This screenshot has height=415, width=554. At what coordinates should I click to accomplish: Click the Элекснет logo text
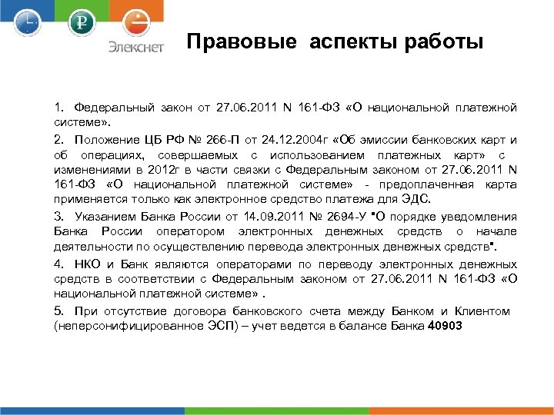point(135,47)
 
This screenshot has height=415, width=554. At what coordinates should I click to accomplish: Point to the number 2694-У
point(343,217)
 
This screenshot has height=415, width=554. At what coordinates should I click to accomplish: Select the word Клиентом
point(482,311)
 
